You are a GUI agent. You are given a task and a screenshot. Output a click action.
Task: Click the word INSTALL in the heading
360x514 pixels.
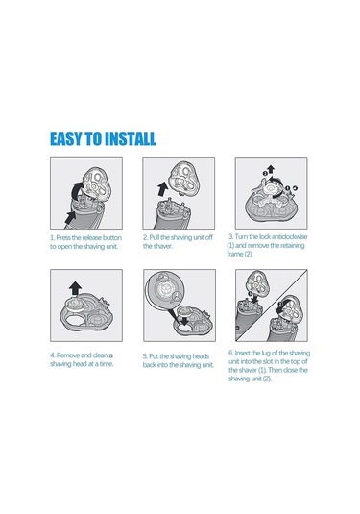tap(130, 138)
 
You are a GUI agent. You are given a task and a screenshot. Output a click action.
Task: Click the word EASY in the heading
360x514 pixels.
tap(66, 138)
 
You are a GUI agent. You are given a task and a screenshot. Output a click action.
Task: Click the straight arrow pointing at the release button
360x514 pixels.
tap(70, 218)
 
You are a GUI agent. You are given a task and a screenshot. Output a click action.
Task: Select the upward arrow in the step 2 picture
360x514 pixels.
tap(162, 189)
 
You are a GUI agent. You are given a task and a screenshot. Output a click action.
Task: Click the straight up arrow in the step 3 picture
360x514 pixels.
tap(271, 169)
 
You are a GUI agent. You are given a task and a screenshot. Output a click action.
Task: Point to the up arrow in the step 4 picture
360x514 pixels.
tap(75, 288)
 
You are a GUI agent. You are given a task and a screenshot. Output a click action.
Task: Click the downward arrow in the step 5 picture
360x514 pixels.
tap(184, 320)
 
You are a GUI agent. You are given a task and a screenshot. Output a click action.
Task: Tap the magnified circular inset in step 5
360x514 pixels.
tap(165, 290)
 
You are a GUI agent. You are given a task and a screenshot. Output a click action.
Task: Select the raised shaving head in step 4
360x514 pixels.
tap(77, 304)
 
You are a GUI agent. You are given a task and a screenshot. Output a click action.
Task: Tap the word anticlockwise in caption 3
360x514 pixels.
tap(289, 236)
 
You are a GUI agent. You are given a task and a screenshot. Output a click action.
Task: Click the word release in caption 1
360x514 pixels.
tap(92, 237)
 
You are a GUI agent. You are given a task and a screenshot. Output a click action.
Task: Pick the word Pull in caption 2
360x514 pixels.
tap(154, 237)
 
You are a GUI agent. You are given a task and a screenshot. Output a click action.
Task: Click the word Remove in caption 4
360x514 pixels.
tap(68, 355)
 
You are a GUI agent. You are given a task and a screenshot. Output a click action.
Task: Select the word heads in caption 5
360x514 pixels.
tap(201, 356)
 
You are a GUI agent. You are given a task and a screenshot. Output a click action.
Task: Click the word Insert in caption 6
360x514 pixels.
tap(242, 353)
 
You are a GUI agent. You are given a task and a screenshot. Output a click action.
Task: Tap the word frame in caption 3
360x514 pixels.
tap(235, 254)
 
